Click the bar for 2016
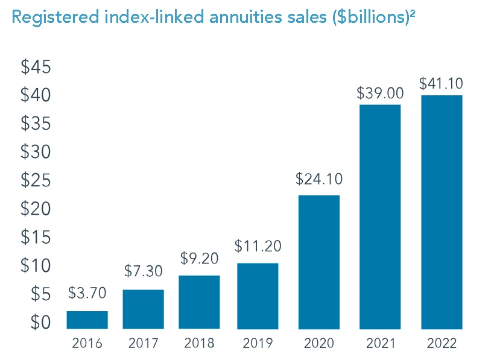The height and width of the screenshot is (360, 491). pyautogui.click(x=87, y=320)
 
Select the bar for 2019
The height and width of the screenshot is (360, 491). pyautogui.click(x=258, y=295)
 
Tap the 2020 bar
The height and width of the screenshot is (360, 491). pyautogui.click(x=318, y=262)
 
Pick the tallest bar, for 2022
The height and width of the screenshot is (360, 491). pyautogui.click(x=442, y=212)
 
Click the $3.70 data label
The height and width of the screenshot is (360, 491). pyautogui.click(x=87, y=294)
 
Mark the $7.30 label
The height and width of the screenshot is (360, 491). pyautogui.click(x=144, y=271)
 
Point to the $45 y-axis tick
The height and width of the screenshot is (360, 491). pyautogui.click(x=36, y=67)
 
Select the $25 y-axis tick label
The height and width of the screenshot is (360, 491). pyautogui.click(x=36, y=180)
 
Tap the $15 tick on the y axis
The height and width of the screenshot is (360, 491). pyautogui.click(x=36, y=237)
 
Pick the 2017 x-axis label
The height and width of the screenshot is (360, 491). pyautogui.click(x=144, y=344)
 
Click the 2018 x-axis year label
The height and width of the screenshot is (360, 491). pyautogui.click(x=200, y=344)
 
